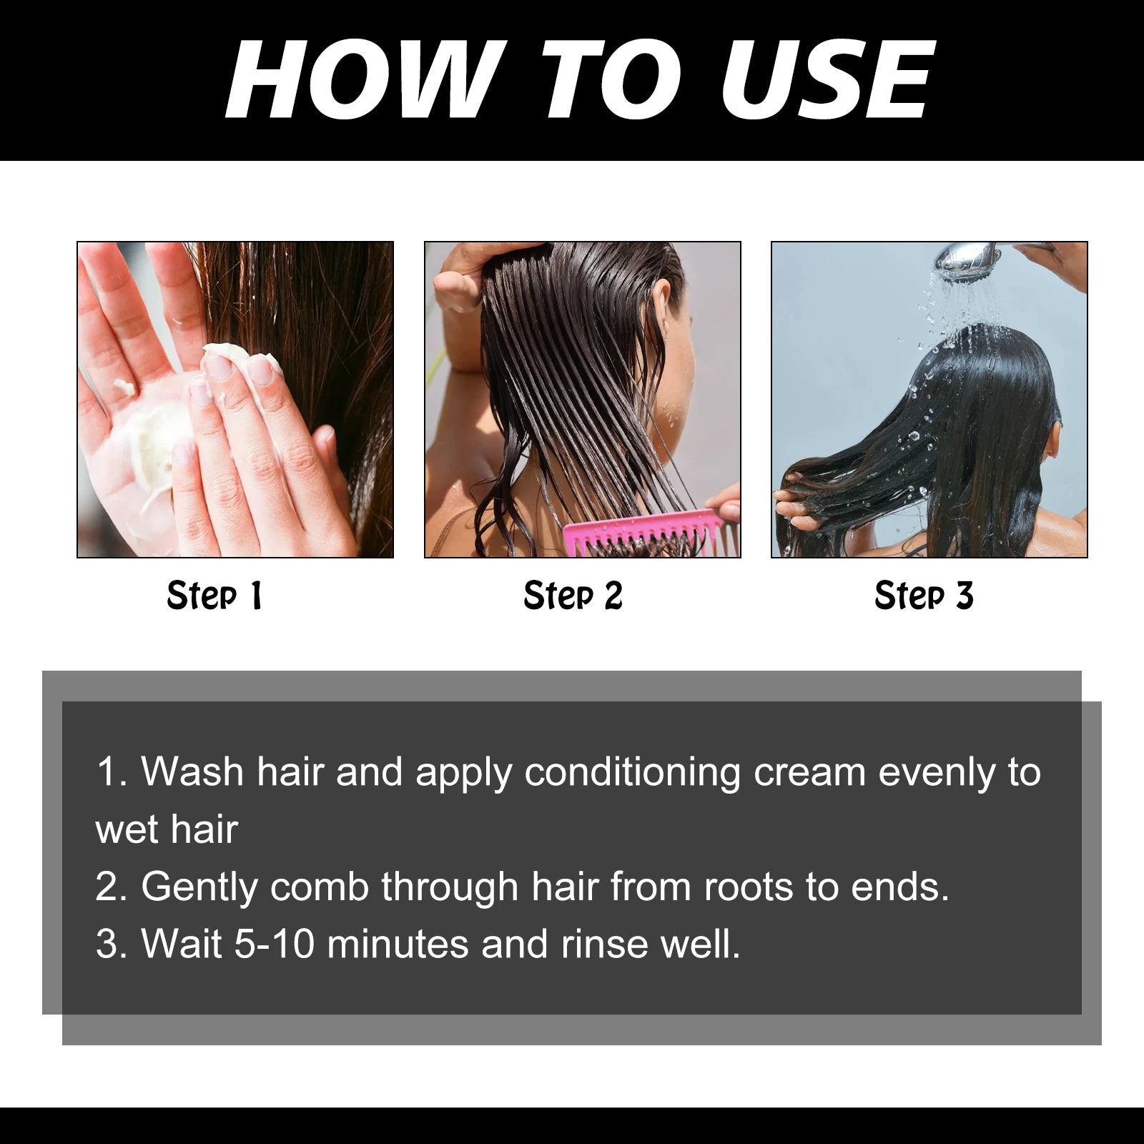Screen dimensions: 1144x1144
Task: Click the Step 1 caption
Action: (x=214, y=596)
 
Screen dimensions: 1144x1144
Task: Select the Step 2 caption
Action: (x=573, y=596)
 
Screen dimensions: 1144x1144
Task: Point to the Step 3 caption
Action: (x=924, y=596)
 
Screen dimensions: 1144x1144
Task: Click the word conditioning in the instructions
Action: (x=632, y=773)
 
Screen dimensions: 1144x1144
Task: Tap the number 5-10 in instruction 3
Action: (x=275, y=944)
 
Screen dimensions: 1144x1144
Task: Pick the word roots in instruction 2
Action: (x=748, y=887)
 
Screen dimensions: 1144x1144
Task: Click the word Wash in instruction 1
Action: (x=192, y=772)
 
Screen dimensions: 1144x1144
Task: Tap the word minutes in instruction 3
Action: (x=398, y=944)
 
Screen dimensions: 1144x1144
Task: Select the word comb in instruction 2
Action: (x=319, y=887)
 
